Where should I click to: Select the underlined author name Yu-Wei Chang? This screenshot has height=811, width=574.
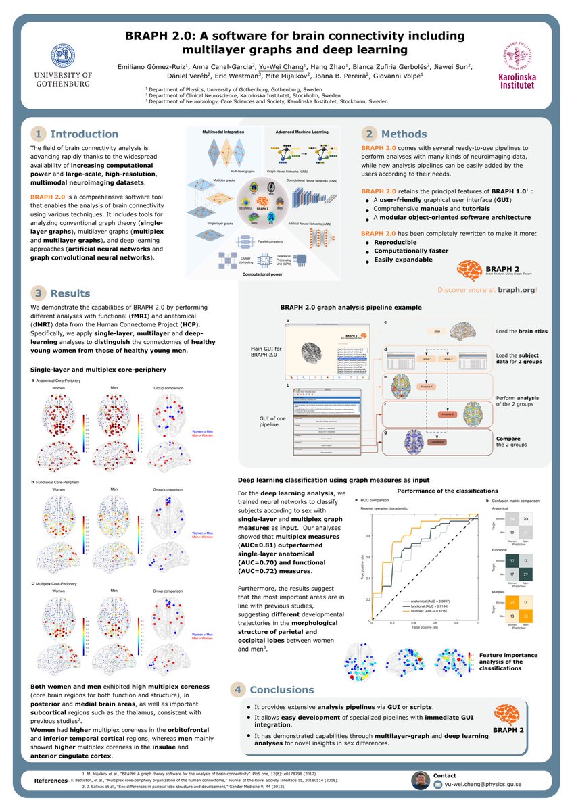(x=283, y=66)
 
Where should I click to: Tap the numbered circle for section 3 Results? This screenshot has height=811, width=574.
(x=39, y=293)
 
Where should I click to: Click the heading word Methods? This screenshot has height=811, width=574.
(x=404, y=134)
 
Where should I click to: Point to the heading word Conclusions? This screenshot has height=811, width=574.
(x=282, y=690)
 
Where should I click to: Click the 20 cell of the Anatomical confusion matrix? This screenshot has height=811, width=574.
(x=525, y=518)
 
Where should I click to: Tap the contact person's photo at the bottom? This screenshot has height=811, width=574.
(x=421, y=781)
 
